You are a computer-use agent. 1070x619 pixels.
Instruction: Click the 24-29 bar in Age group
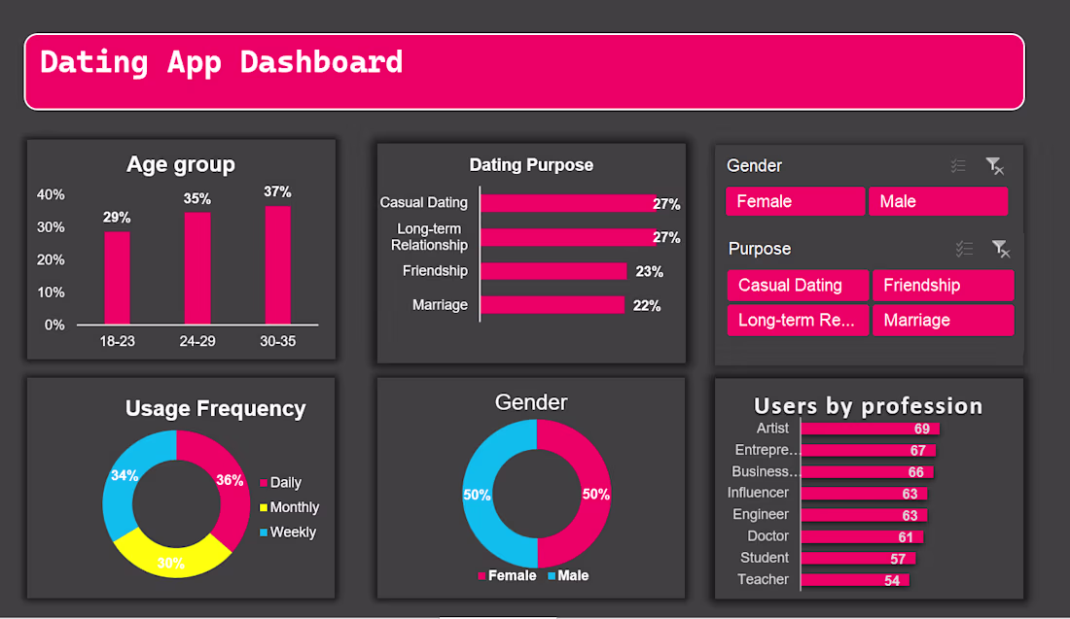tap(197, 268)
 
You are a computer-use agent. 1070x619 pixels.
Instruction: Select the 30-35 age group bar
tap(277, 264)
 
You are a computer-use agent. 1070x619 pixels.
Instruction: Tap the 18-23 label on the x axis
tap(117, 341)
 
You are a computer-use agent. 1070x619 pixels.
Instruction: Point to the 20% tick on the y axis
tap(51, 259)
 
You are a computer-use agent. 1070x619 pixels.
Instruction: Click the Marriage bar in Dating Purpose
tap(552, 305)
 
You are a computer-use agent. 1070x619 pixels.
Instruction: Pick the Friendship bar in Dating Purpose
tap(553, 271)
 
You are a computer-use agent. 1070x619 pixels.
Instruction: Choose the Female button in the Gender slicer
tap(795, 201)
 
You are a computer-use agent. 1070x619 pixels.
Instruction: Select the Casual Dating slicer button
tap(798, 285)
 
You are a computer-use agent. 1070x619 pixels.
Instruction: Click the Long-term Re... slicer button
tap(798, 320)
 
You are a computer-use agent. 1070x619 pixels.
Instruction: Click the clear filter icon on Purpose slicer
tap(1000, 250)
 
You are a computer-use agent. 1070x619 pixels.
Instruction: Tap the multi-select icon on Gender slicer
tap(958, 166)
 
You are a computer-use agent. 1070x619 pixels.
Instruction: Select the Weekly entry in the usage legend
tap(292, 533)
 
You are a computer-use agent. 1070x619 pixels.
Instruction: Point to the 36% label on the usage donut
tap(230, 479)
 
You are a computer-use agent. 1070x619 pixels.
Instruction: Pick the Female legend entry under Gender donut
tap(506, 575)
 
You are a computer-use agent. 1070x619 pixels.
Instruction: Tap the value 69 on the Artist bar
tap(921, 429)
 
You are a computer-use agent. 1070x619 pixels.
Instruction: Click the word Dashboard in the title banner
tap(321, 62)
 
